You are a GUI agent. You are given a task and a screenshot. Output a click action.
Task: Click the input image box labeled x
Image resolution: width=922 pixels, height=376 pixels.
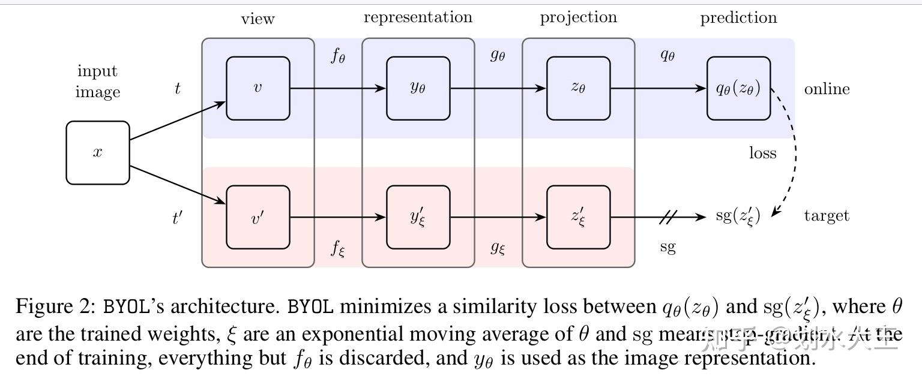[x=98, y=153]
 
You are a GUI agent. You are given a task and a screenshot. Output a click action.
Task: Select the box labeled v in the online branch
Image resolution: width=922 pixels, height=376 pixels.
[x=258, y=89]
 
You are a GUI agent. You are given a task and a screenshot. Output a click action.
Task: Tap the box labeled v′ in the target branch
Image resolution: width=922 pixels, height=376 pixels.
[x=258, y=217]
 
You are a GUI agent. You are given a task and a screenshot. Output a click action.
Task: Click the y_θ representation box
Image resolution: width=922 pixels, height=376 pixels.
[x=418, y=89]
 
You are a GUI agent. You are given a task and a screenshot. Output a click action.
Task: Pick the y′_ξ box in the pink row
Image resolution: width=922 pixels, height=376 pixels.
[x=418, y=217]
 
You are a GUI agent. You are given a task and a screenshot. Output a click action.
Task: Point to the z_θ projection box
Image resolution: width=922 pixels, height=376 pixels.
[x=579, y=89]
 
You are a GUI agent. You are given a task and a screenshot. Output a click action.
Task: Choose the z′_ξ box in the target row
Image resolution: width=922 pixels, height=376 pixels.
[x=579, y=217]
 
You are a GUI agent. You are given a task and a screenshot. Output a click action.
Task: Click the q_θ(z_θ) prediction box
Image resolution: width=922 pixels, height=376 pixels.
[x=738, y=89]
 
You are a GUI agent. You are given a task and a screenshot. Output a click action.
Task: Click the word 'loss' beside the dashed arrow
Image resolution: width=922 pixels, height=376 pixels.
[x=762, y=154]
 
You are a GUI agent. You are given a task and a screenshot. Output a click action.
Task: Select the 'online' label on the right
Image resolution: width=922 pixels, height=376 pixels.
[x=827, y=89]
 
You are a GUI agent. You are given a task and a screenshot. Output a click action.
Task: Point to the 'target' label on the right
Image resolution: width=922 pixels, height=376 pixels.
[x=827, y=216]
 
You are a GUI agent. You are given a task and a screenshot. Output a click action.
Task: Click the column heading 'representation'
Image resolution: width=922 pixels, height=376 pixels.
[x=418, y=17]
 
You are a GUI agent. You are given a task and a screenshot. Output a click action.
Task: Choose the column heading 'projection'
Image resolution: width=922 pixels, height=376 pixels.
[x=579, y=18]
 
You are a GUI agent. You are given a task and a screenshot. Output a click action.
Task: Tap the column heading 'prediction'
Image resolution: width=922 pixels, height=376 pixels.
[x=738, y=18]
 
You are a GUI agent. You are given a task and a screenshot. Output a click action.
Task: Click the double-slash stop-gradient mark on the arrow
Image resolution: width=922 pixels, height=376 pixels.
[x=667, y=217]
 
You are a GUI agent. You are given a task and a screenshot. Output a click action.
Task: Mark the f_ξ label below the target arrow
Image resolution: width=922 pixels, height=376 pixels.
[x=338, y=247]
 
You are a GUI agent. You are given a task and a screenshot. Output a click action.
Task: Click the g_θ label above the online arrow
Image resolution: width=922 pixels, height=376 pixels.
[x=498, y=56]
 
